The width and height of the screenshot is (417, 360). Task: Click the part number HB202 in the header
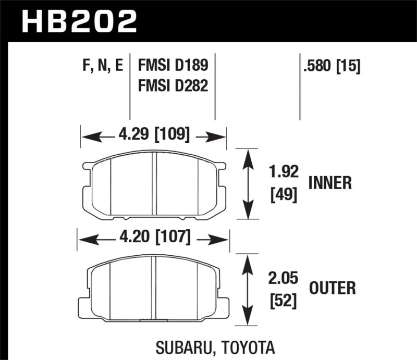pyautogui.click(x=79, y=21)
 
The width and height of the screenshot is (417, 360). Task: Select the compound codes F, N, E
pyautogui.click(x=104, y=66)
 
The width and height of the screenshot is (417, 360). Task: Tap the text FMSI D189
pyautogui.click(x=173, y=66)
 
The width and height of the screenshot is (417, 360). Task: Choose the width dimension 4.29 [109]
pyautogui.click(x=153, y=136)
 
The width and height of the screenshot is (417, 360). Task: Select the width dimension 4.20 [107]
pyautogui.click(x=153, y=239)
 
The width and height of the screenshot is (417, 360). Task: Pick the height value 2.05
pyautogui.click(x=285, y=279)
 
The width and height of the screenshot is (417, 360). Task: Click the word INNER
pyautogui.click(x=330, y=183)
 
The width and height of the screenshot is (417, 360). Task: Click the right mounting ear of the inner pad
pyautogui.click(x=221, y=166)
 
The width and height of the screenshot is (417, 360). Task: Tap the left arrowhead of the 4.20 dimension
pyautogui.click(x=85, y=239)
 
